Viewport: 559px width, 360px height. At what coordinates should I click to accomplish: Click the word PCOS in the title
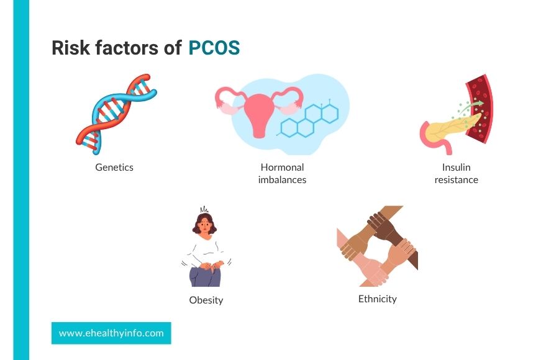click(214, 48)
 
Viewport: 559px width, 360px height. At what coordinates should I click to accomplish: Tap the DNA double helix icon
click(116, 114)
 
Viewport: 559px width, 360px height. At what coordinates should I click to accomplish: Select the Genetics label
click(114, 168)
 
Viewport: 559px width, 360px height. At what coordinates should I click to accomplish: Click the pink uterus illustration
click(259, 110)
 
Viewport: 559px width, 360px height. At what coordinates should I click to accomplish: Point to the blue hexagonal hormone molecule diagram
click(308, 119)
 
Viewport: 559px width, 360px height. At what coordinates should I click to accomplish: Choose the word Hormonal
click(283, 167)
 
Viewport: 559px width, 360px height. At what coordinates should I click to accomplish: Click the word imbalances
click(283, 179)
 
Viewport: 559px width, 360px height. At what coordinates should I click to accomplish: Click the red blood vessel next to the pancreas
click(480, 109)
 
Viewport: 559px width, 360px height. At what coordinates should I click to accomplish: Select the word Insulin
click(457, 167)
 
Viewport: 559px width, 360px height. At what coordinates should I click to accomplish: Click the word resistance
click(457, 179)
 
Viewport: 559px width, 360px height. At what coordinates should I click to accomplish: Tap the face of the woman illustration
click(205, 225)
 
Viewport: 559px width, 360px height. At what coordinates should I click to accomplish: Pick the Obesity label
click(206, 300)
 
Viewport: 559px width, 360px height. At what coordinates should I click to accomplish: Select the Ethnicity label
click(378, 299)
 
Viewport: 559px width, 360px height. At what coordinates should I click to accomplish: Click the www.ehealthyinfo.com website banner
click(111, 333)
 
